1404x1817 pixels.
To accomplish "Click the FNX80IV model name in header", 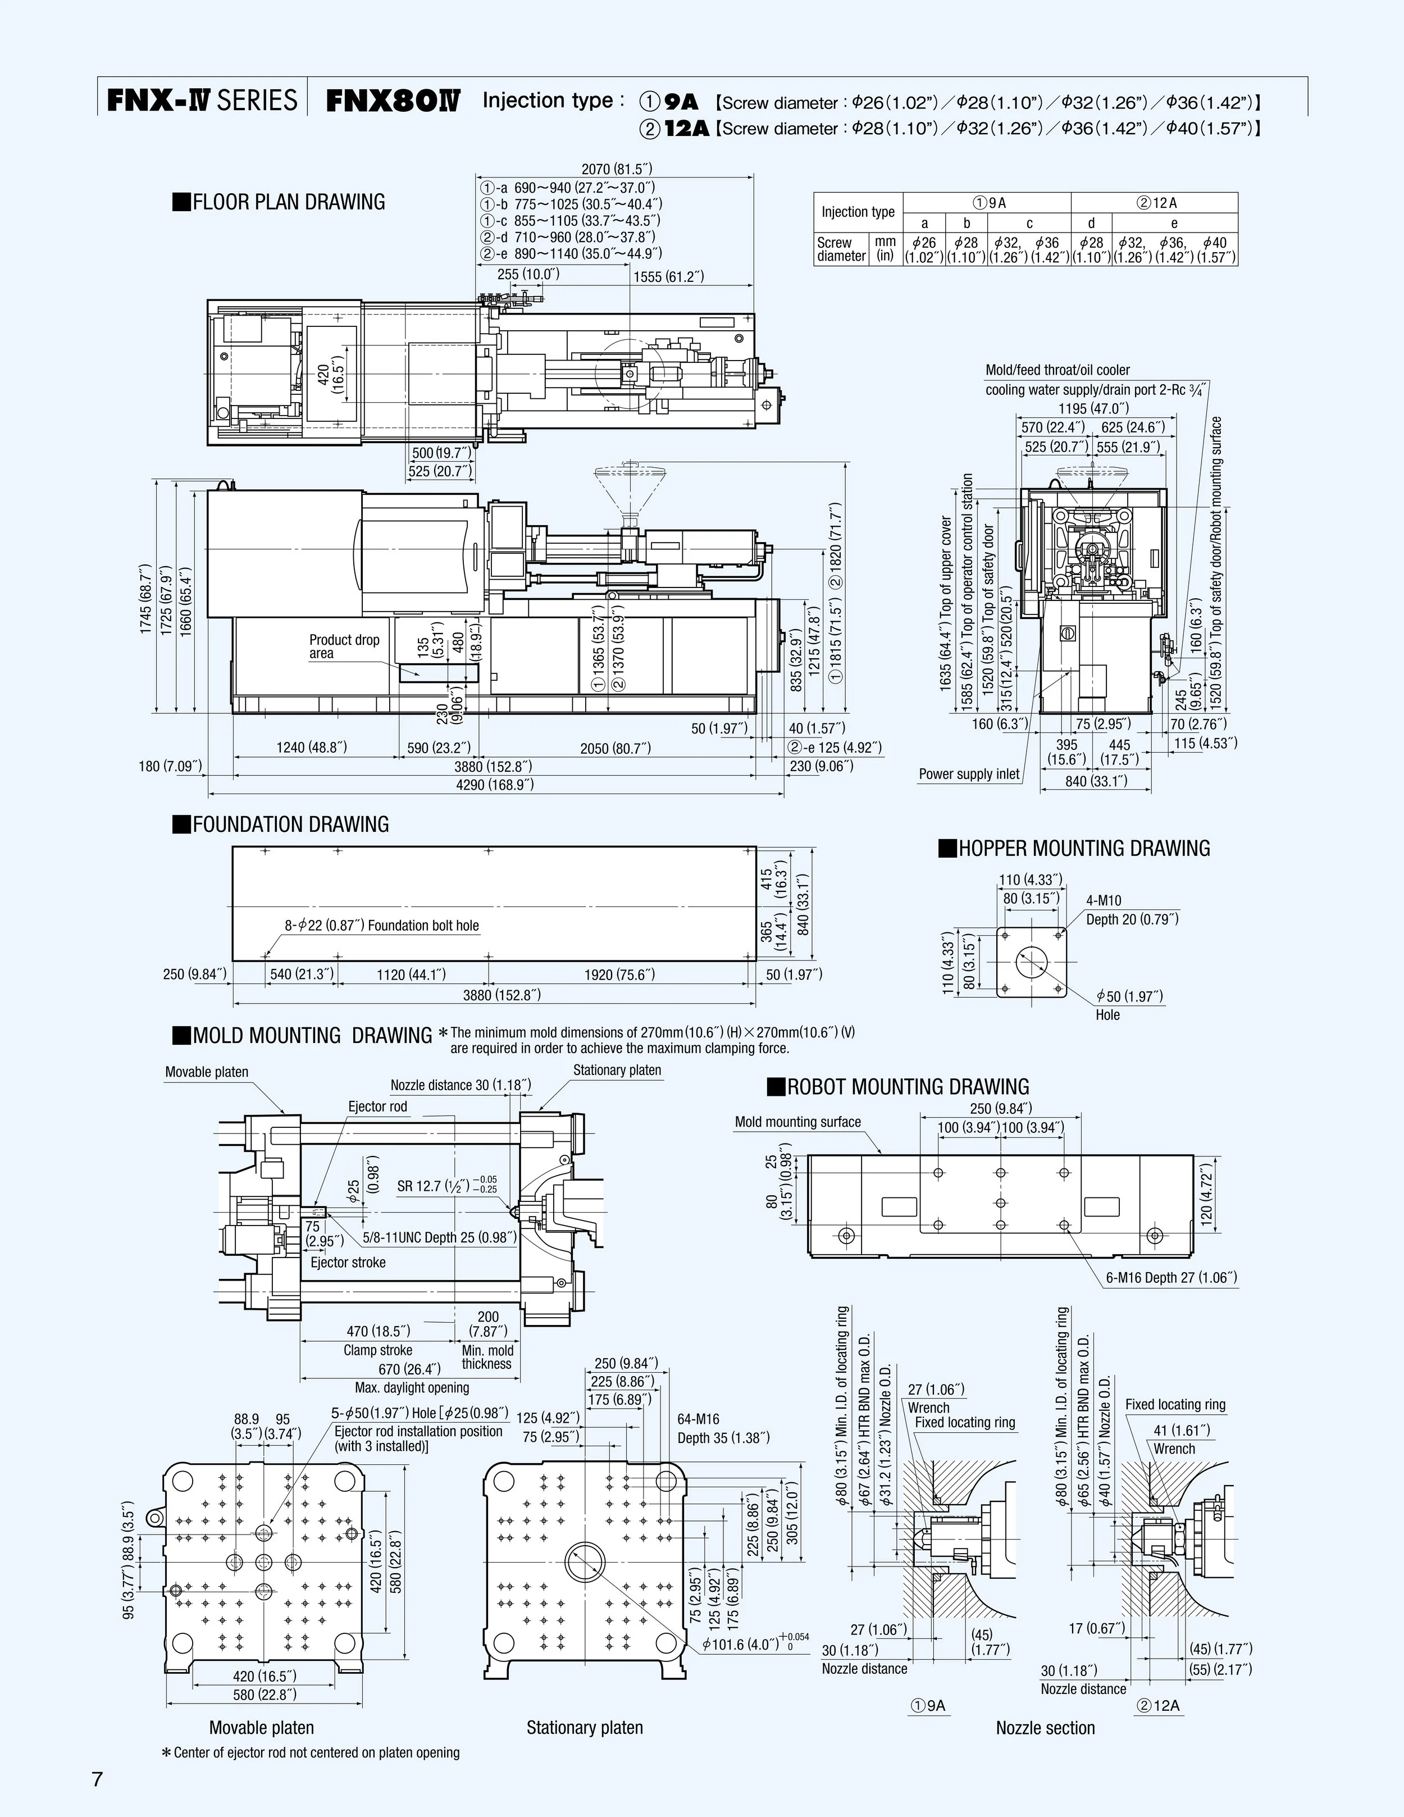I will [392, 101].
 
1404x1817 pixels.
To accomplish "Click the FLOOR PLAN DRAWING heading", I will [280, 202].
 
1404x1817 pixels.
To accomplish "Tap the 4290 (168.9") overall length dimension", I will [495, 785].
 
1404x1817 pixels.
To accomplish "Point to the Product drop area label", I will [344, 646].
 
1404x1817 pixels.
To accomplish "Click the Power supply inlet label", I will [968, 774].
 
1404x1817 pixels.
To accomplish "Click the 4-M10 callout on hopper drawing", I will [1103, 900].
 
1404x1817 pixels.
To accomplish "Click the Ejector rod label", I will [377, 1106].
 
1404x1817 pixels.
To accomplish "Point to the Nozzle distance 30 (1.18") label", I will [460, 1085].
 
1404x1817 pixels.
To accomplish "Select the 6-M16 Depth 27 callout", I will [1171, 1277].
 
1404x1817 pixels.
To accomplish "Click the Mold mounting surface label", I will [797, 1122].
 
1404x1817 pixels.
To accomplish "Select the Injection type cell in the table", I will [858, 212].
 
